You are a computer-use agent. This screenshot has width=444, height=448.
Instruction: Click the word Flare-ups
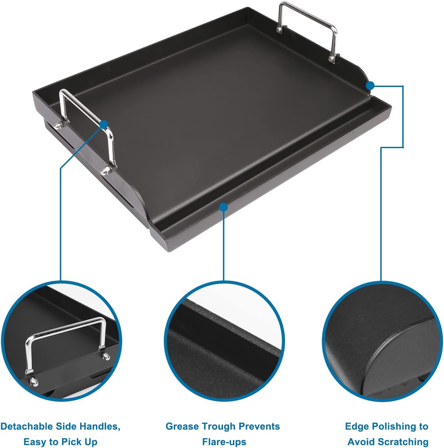(224, 442)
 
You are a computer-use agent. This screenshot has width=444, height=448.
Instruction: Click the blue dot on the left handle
(104, 125)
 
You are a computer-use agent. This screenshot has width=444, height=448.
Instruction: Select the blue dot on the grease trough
(223, 207)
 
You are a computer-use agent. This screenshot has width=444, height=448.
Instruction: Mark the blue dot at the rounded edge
(370, 85)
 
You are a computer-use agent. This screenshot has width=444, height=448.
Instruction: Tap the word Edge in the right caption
(354, 426)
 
